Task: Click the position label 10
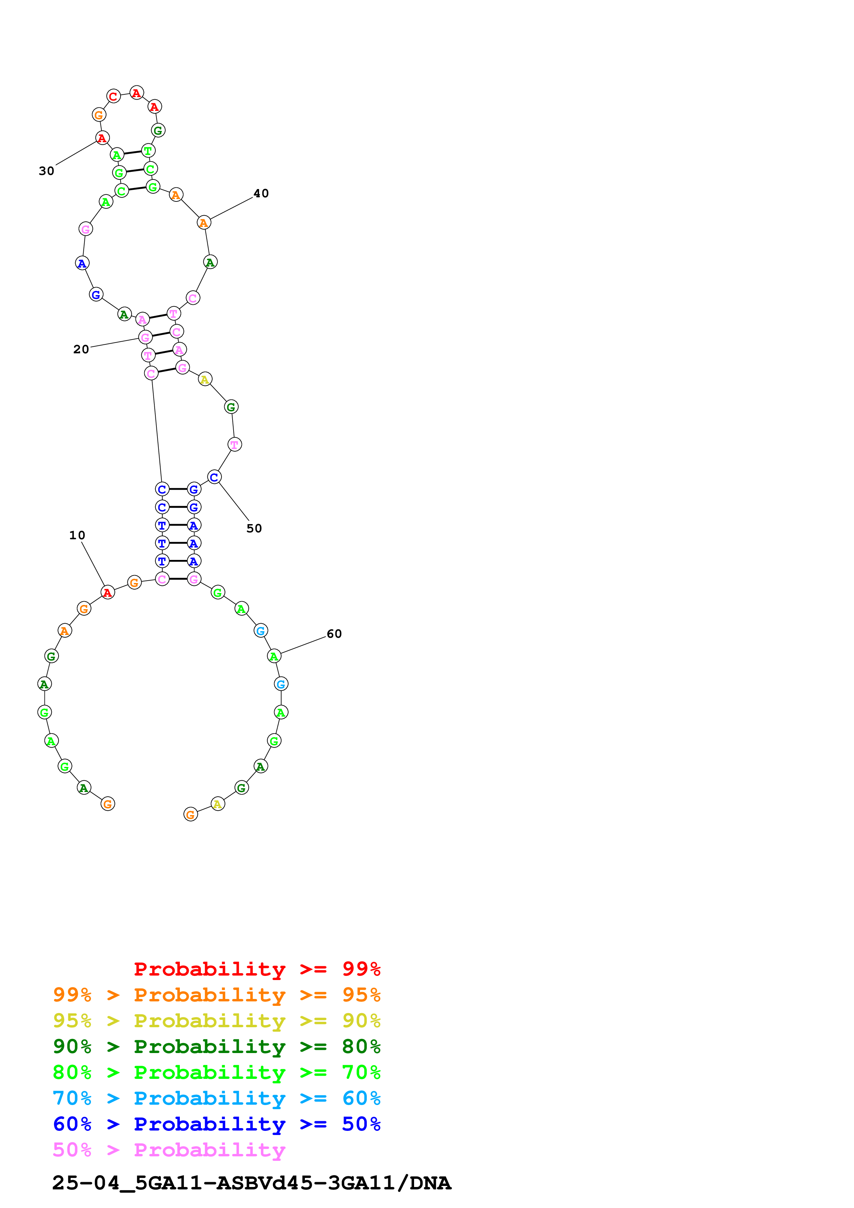[x=77, y=535]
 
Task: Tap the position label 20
[x=81, y=350]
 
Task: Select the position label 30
[x=46, y=171]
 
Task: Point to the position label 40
[x=261, y=194]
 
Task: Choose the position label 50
[x=254, y=528]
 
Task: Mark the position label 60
[x=334, y=634]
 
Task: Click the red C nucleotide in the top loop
[x=113, y=96]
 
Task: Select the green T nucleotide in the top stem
[x=148, y=151]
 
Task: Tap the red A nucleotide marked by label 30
[x=102, y=138]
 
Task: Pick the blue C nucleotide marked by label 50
[x=214, y=477]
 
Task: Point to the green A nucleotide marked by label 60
[x=274, y=656]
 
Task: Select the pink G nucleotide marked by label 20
[x=145, y=337]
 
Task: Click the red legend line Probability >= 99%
[x=257, y=969]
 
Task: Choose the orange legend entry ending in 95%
[x=216, y=995]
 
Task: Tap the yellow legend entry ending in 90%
[x=216, y=1021]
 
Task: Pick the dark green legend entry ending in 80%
[x=216, y=1046]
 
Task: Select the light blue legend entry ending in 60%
[x=216, y=1098]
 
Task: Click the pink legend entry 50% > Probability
[x=169, y=1149]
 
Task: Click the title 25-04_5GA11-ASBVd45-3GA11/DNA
[x=251, y=1183]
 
